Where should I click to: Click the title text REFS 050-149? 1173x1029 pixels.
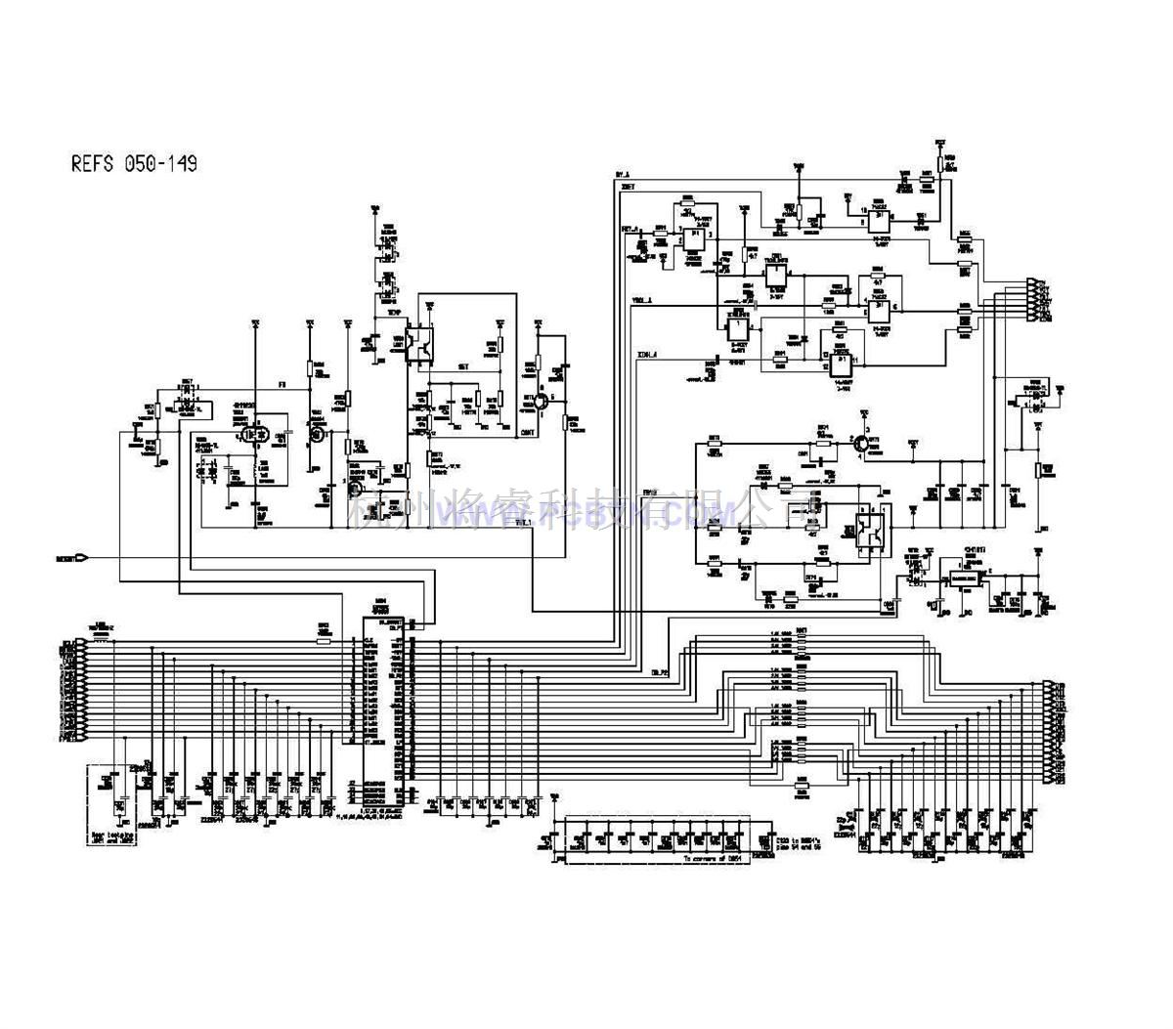tap(134, 164)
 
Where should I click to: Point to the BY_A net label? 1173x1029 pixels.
tap(623, 176)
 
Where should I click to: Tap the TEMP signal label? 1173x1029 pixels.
tap(395, 314)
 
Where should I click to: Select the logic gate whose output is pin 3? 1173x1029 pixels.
tap(697, 235)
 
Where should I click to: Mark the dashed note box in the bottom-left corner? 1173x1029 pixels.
tap(121, 797)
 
